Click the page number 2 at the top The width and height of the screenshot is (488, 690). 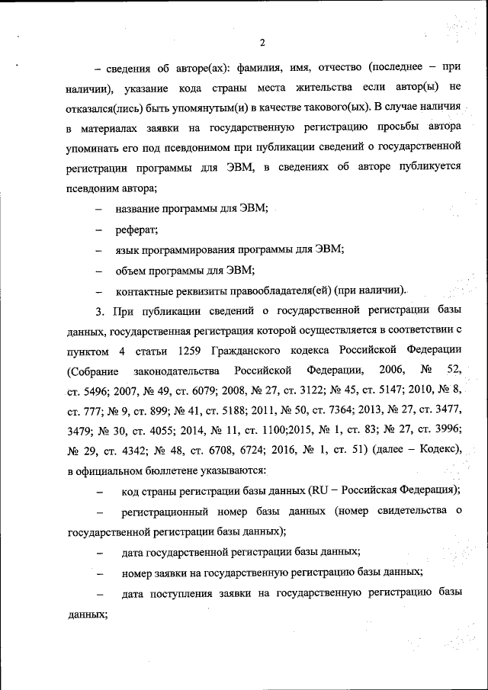tap(262, 42)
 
